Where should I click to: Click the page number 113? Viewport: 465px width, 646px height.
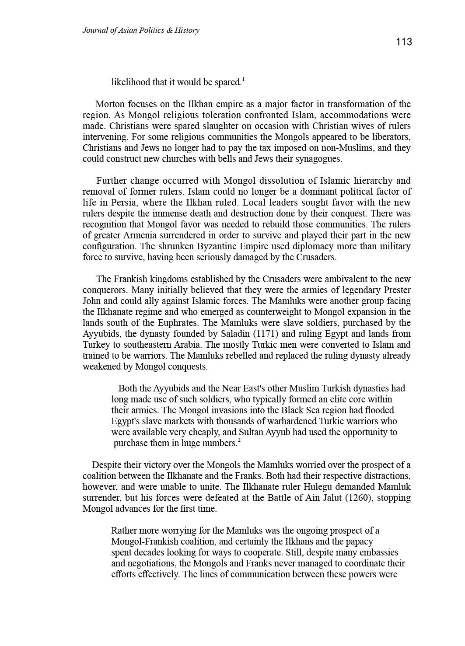[404, 42]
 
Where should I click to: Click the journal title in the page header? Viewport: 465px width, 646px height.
[140, 30]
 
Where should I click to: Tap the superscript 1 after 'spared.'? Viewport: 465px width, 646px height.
[243, 79]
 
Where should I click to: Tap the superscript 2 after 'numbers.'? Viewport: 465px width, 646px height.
[239, 440]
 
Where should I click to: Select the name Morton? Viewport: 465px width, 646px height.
[110, 104]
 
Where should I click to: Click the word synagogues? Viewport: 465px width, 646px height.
[318, 159]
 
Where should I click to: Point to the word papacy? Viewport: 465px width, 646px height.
[359, 541]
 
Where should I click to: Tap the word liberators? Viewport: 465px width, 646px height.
[392, 137]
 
